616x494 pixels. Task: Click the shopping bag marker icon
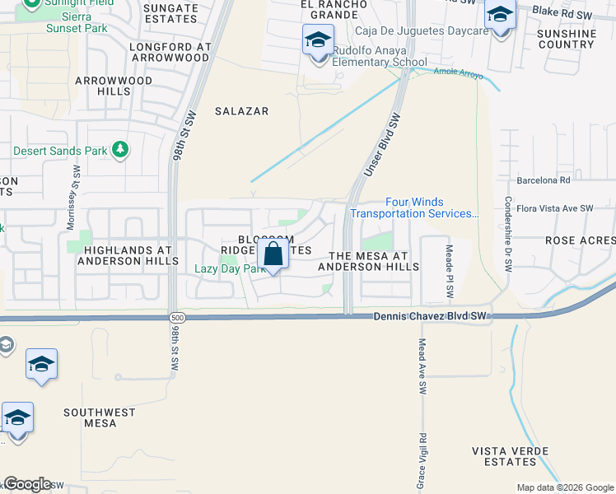(273, 254)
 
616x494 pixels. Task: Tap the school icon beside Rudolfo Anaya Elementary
(317, 39)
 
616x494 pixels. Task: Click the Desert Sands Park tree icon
(121, 149)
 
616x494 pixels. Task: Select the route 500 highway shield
(177, 317)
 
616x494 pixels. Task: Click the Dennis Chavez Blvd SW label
(429, 316)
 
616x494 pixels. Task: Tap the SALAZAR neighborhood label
(242, 111)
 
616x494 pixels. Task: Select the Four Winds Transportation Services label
(414, 207)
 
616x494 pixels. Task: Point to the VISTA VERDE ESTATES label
(505, 456)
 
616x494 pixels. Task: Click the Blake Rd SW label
(562, 14)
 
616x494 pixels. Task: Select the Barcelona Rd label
(544, 180)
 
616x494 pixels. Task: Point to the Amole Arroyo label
(459, 73)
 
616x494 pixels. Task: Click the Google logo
(27, 484)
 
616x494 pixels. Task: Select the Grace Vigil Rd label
(422, 461)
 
